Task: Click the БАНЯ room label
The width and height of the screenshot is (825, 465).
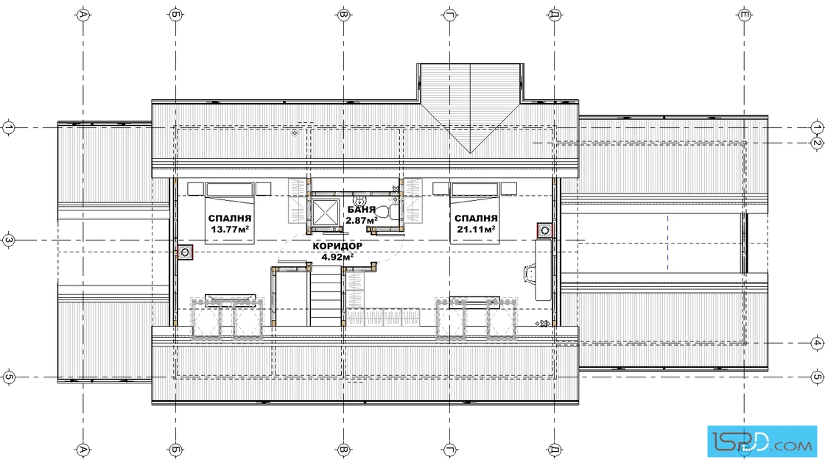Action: click(362, 210)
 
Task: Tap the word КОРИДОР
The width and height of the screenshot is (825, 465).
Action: click(337, 246)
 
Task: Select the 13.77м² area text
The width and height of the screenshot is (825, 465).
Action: click(230, 229)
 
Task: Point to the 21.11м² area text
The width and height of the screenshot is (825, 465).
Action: click(476, 229)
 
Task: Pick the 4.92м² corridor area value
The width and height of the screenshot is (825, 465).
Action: click(337, 258)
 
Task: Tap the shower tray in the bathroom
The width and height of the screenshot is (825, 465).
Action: click(325, 212)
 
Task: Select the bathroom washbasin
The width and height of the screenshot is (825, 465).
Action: click(360, 200)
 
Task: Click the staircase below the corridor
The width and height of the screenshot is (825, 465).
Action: click(326, 295)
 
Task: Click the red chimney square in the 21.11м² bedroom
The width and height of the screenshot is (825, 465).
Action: click(545, 230)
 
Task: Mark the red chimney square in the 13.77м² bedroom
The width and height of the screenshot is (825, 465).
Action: click(185, 252)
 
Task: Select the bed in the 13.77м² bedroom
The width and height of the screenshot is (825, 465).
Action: click(229, 213)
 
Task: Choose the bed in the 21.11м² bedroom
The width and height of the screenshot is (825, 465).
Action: click(474, 213)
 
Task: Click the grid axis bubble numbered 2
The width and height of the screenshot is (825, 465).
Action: click(817, 143)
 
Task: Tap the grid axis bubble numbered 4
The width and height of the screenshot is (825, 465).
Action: click(817, 343)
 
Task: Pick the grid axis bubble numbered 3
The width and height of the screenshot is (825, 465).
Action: click(8, 241)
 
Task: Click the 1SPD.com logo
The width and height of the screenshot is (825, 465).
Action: click(762, 441)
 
